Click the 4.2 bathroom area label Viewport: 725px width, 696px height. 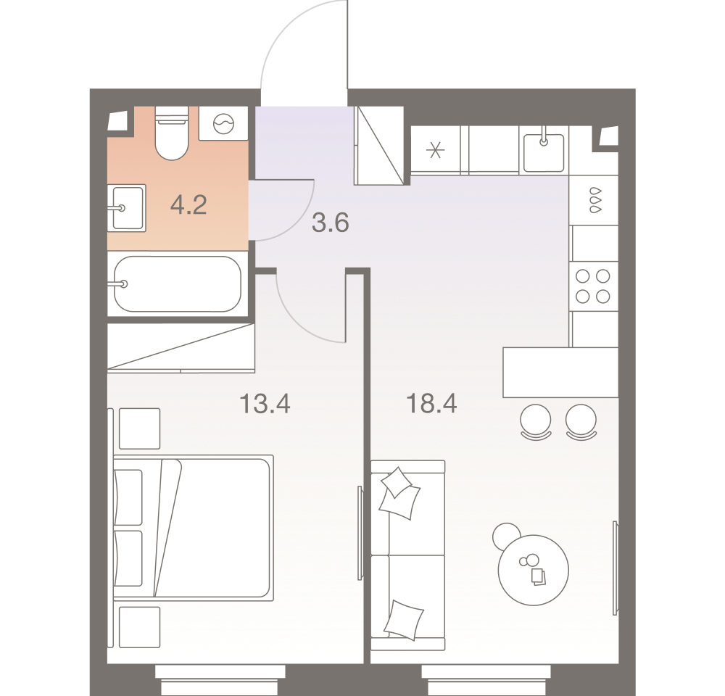pos(188,204)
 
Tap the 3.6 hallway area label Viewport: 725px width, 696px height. pos(330,223)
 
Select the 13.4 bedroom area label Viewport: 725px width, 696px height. pos(265,403)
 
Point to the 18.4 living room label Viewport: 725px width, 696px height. pos(431,403)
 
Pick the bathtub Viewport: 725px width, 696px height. pos(178,283)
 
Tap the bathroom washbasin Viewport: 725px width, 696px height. pos(127,208)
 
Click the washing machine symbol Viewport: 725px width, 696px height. pos(223,123)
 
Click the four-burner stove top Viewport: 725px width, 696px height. pos(593,286)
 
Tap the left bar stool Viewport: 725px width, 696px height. pos(536,422)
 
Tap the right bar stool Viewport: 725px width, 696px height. pos(581,422)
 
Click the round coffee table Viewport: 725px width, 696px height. pos(533,570)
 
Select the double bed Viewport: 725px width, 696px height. pos(194,528)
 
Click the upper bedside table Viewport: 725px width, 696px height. pos(140,428)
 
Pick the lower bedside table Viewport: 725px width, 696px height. pos(140,627)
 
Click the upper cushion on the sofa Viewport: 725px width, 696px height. pos(399,493)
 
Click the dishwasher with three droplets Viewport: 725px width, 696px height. pos(594,200)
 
